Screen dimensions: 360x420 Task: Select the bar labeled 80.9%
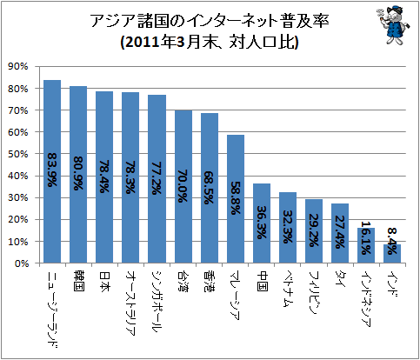[x=78, y=174]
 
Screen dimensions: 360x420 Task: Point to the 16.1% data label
[x=366, y=237]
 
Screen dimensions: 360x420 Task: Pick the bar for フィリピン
[x=314, y=231]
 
